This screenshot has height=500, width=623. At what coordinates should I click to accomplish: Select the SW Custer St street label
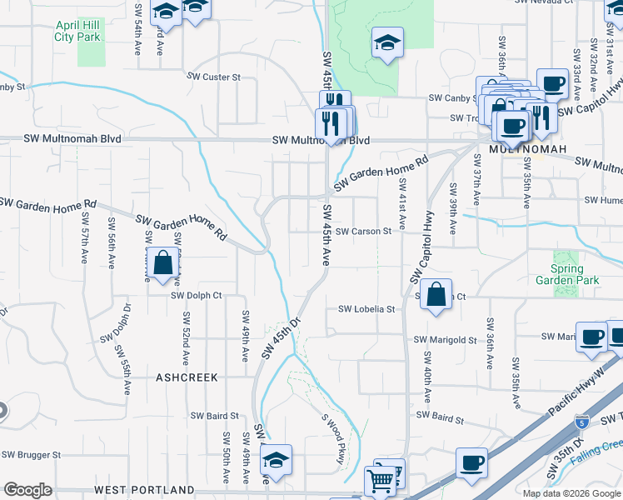point(213,77)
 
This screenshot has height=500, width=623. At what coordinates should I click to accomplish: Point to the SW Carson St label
point(363,231)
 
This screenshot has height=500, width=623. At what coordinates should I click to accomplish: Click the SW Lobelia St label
point(366,308)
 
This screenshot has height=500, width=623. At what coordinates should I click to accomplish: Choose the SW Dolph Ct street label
point(197,295)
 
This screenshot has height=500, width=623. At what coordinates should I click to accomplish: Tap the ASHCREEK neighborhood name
point(187,377)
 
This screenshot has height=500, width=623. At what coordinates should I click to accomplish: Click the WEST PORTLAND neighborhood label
point(144,490)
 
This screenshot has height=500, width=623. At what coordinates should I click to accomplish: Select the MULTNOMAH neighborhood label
point(527,149)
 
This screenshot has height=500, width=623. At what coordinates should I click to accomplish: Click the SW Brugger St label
point(31,455)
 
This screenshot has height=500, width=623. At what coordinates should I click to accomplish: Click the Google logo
point(27,490)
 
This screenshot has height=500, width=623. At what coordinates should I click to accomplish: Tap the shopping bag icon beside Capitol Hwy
point(436,294)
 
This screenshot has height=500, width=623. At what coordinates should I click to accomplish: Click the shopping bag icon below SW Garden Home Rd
point(162,262)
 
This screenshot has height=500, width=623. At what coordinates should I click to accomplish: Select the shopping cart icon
point(381,479)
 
